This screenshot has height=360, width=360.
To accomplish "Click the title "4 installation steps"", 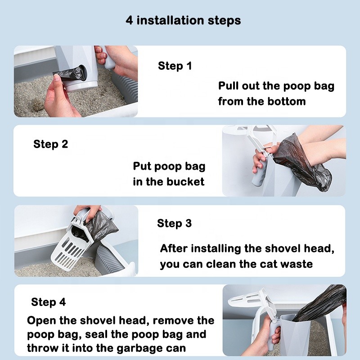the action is [183, 20].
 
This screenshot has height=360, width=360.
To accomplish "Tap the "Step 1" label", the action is [175, 66].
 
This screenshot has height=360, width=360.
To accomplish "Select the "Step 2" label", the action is [51, 144].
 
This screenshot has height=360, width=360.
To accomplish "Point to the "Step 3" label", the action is [174, 223].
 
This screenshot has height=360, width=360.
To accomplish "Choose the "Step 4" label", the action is [49, 302].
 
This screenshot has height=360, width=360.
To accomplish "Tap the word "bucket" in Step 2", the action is [185, 182].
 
